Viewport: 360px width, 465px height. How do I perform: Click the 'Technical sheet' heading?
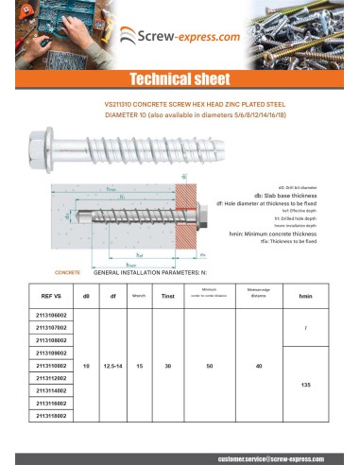tap(180, 79)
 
